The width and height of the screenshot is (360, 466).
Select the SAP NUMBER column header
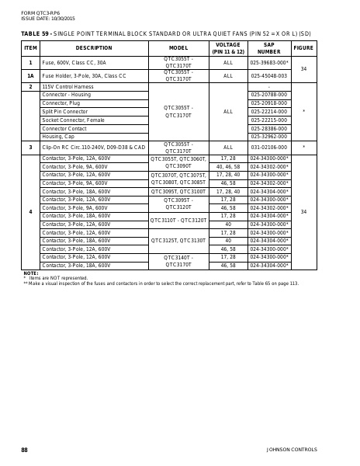[268, 48]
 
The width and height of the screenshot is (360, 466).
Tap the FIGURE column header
[303, 48]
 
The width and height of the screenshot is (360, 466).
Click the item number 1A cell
[30, 76]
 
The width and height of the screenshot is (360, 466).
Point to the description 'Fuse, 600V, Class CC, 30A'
[74, 62]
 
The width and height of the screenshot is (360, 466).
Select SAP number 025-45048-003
[268, 76]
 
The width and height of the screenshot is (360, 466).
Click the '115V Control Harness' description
[67, 86]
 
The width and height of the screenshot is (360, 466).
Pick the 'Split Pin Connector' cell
[64, 112]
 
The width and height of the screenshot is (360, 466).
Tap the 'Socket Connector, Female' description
[73, 120]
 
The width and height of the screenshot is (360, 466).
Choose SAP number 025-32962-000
[268, 137]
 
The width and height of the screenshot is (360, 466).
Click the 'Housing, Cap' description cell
[58, 137]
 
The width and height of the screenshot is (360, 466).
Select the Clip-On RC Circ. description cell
[93, 147]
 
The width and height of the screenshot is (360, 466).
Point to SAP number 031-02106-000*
[268, 147]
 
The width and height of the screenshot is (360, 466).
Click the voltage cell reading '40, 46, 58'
[227, 166]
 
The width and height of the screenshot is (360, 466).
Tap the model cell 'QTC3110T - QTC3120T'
[178, 220]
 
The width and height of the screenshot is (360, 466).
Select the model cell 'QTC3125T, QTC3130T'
[178, 241]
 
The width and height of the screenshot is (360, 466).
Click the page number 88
[24, 450]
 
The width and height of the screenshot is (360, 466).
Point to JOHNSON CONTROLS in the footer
[291, 450]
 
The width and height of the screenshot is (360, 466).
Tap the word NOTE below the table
[30, 273]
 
